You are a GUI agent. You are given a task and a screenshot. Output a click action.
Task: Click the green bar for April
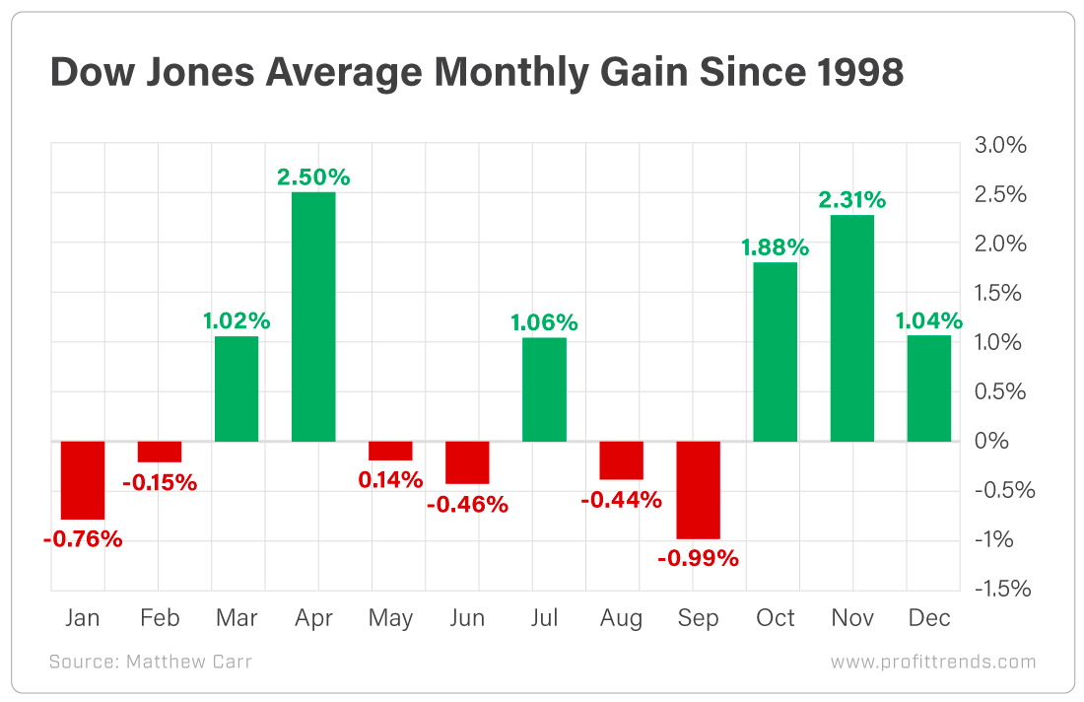[x=313, y=316]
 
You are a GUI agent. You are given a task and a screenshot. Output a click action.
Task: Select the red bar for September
[x=699, y=489]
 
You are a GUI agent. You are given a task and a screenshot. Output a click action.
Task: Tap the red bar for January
[x=83, y=479]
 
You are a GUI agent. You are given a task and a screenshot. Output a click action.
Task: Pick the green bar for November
[x=852, y=327]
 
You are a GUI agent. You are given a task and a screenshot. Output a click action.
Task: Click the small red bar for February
[x=160, y=452]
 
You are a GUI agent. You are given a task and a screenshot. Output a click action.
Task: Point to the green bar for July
[x=544, y=389]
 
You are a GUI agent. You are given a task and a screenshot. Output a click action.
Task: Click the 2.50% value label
[x=313, y=177]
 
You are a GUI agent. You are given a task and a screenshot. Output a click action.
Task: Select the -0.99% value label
[x=699, y=558]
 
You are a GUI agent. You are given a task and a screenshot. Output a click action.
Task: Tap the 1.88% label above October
[x=775, y=246]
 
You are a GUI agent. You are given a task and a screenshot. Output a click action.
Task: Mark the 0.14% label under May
[x=390, y=480]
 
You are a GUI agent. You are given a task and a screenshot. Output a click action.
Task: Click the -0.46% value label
[x=467, y=505]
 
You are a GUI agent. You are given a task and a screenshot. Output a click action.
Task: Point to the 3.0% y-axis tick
[x=1001, y=145]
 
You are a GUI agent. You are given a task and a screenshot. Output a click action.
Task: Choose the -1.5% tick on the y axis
[x=999, y=590]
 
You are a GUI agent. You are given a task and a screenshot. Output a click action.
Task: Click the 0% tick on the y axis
[x=991, y=442]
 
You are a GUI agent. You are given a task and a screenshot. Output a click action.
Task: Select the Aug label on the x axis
[x=621, y=618]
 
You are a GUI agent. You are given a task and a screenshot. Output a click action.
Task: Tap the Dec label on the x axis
[x=928, y=618]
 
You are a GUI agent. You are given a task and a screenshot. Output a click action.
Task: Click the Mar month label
[x=236, y=618]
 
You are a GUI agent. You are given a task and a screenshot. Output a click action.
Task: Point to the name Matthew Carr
[x=189, y=662]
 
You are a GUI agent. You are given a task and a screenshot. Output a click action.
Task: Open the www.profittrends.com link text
[x=932, y=662]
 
